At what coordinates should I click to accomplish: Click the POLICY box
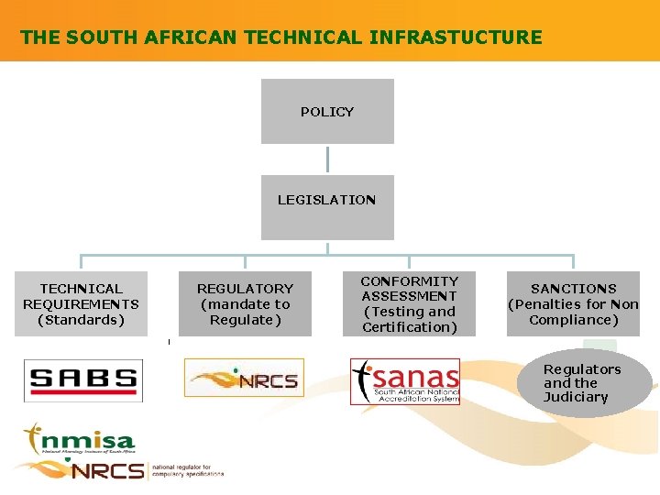327,111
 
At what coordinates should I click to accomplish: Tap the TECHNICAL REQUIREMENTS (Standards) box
81,303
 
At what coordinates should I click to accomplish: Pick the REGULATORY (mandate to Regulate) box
245,303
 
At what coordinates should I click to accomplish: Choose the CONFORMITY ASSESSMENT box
409,303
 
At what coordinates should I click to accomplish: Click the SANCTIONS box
573,303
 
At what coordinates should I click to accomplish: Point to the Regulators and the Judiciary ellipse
583,383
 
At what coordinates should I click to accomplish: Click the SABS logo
83,379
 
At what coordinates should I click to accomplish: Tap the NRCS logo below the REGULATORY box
244,378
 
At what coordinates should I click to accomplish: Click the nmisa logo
80,441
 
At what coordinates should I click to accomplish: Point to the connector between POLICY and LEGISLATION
327,159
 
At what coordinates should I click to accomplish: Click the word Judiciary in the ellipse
576,397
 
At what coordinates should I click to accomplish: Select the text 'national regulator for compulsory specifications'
188,470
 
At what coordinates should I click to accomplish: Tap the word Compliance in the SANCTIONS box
573,320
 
